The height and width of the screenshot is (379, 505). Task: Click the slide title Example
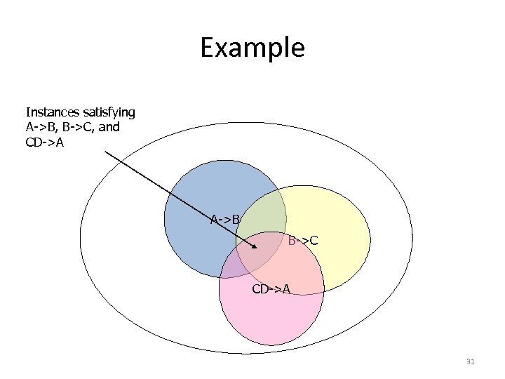click(252, 48)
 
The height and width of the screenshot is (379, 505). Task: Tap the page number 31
click(470, 362)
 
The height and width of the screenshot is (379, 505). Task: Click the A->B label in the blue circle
click(225, 219)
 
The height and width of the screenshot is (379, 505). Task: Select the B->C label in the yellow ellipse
click(303, 241)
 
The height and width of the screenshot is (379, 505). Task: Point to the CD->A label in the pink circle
click(271, 288)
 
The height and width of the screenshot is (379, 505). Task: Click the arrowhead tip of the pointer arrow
click(257, 249)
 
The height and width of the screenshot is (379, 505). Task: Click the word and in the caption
click(109, 127)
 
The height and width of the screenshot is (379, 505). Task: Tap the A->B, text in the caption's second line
click(42, 127)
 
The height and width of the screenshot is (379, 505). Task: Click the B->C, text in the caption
click(79, 127)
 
